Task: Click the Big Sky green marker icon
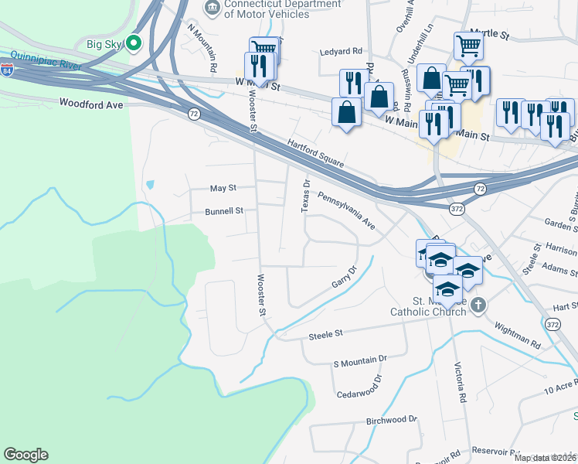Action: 134,43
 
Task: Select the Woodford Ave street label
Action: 90,102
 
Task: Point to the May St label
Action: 223,188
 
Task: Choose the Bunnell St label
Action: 224,210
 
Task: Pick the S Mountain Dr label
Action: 359,360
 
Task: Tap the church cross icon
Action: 479,304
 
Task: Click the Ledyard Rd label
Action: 341,52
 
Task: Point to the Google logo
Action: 25,455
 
